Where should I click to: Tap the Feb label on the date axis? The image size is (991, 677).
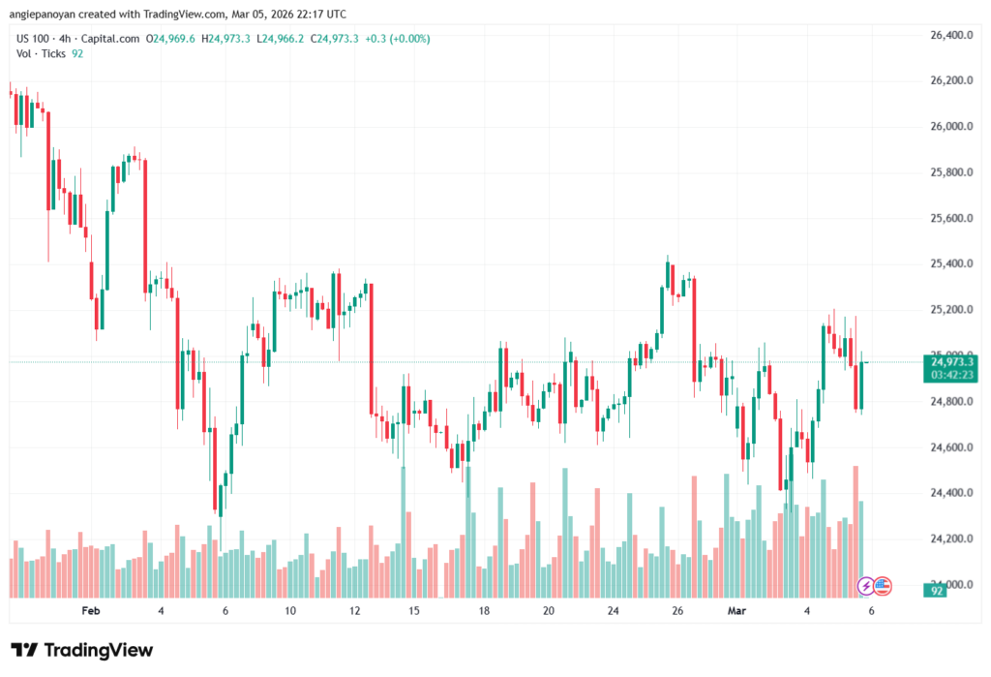click(91, 611)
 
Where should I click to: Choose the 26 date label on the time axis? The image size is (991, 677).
click(678, 611)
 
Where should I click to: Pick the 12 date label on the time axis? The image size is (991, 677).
click(355, 611)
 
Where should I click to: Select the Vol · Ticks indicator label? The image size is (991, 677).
click(42, 53)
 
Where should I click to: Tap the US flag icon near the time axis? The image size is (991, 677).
click(882, 585)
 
